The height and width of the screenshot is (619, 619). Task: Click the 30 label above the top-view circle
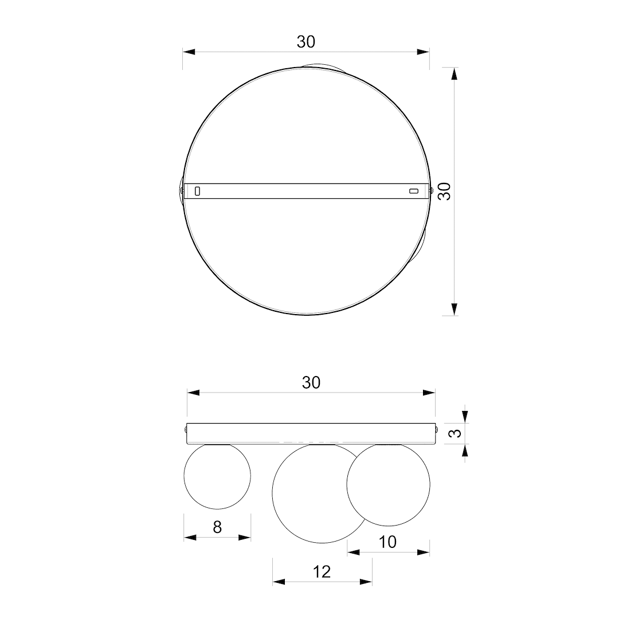click(306, 42)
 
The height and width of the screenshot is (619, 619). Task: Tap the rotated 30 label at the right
click(445, 191)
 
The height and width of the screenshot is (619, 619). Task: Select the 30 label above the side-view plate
click(311, 382)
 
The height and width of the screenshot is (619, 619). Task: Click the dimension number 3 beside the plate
click(456, 433)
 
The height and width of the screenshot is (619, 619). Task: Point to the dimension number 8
click(217, 527)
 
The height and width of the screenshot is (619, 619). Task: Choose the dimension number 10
click(387, 542)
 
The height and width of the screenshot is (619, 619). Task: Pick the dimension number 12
click(322, 571)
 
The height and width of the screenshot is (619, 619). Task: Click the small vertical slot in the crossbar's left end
click(197, 191)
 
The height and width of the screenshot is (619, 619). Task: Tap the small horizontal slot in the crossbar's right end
click(413, 191)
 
